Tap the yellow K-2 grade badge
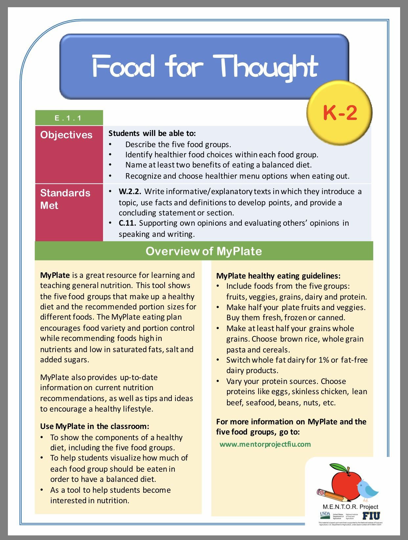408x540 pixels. click(x=339, y=112)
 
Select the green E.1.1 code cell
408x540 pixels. click(x=69, y=118)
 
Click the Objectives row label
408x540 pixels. click(x=66, y=135)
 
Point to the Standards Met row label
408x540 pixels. click(x=65, y=199)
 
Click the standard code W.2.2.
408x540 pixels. click(x=130, y=191)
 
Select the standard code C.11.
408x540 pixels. click(x=127, y=223)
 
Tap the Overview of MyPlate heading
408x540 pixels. click(x=204, y=251)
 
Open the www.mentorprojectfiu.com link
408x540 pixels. click(x=265, y=444)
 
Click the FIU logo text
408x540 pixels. click(x=371, y=516)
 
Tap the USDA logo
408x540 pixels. click(x=325, y=514)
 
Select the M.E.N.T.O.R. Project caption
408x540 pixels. click(x=350, y=507)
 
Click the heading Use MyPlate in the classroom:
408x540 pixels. click(x=95, y=426)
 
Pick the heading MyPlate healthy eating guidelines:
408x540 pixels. click(x=278, y=276)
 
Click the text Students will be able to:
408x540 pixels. click(x=152, y=133)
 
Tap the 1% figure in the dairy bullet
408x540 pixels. click(x=324, y=360)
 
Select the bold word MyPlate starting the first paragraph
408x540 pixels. click(x=55, y=275)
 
